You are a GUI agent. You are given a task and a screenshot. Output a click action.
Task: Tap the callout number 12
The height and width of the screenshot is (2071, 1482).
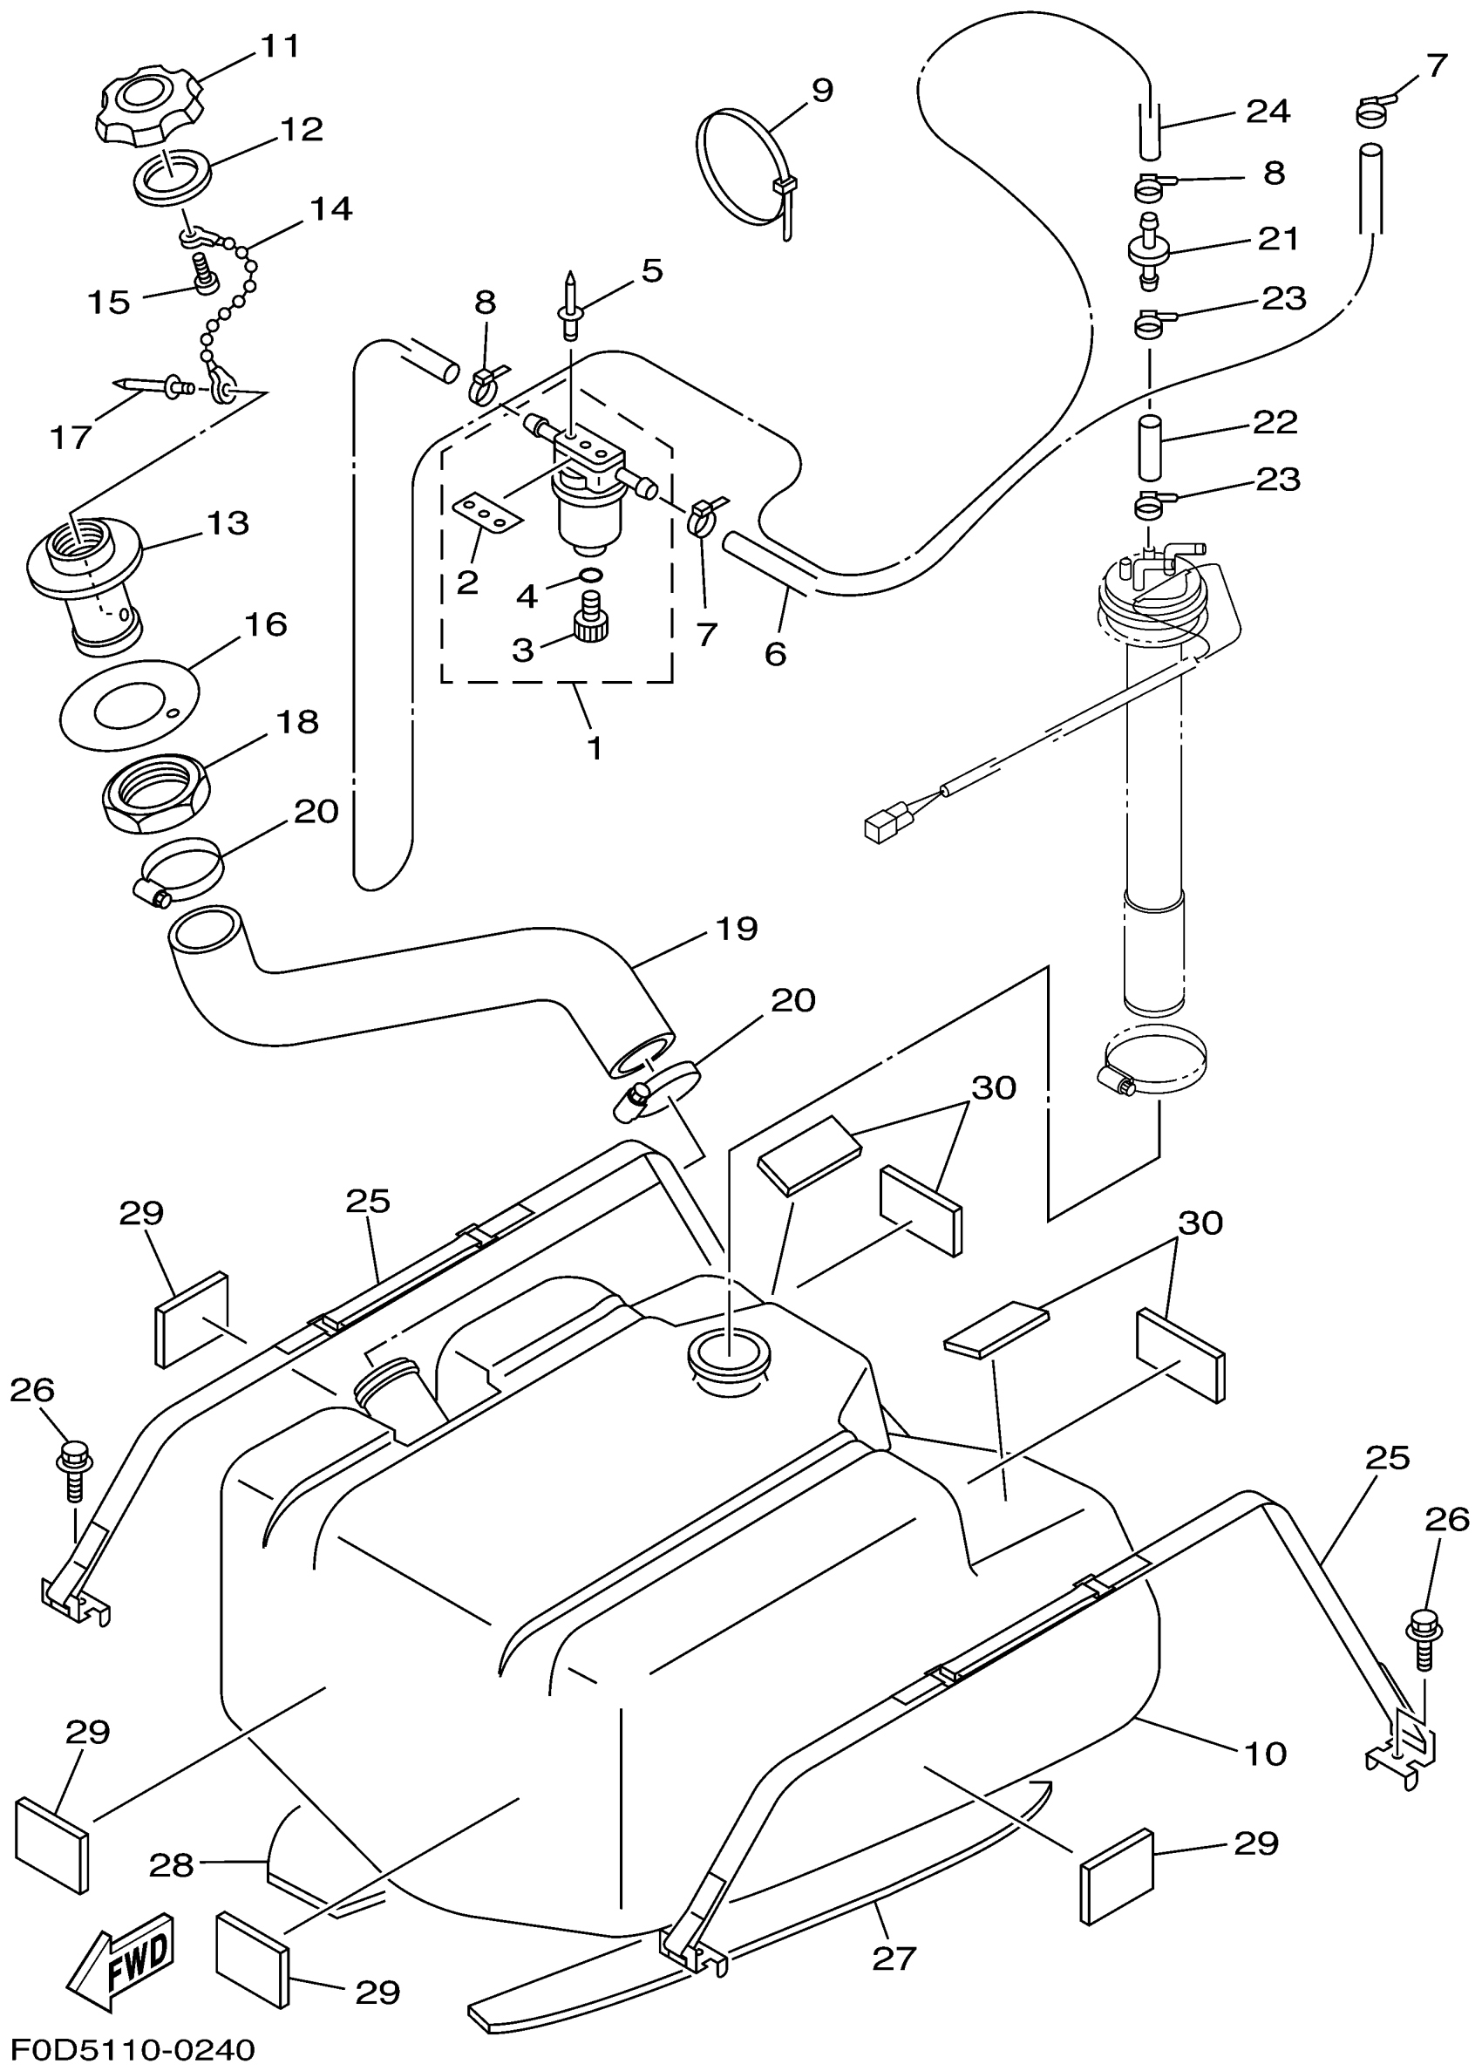point(301,130)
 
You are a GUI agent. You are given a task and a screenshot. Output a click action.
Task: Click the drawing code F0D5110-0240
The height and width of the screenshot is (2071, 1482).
point(133,2050)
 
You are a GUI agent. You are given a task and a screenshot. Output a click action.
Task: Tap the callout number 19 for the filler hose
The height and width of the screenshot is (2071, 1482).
point(737,929)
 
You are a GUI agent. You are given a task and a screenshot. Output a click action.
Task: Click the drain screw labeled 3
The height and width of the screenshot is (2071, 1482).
point(592,625)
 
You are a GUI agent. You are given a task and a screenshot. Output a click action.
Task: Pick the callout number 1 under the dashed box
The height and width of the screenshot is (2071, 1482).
point(594,748)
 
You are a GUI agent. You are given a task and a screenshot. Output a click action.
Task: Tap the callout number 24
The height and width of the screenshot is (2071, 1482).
point(1268,112)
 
